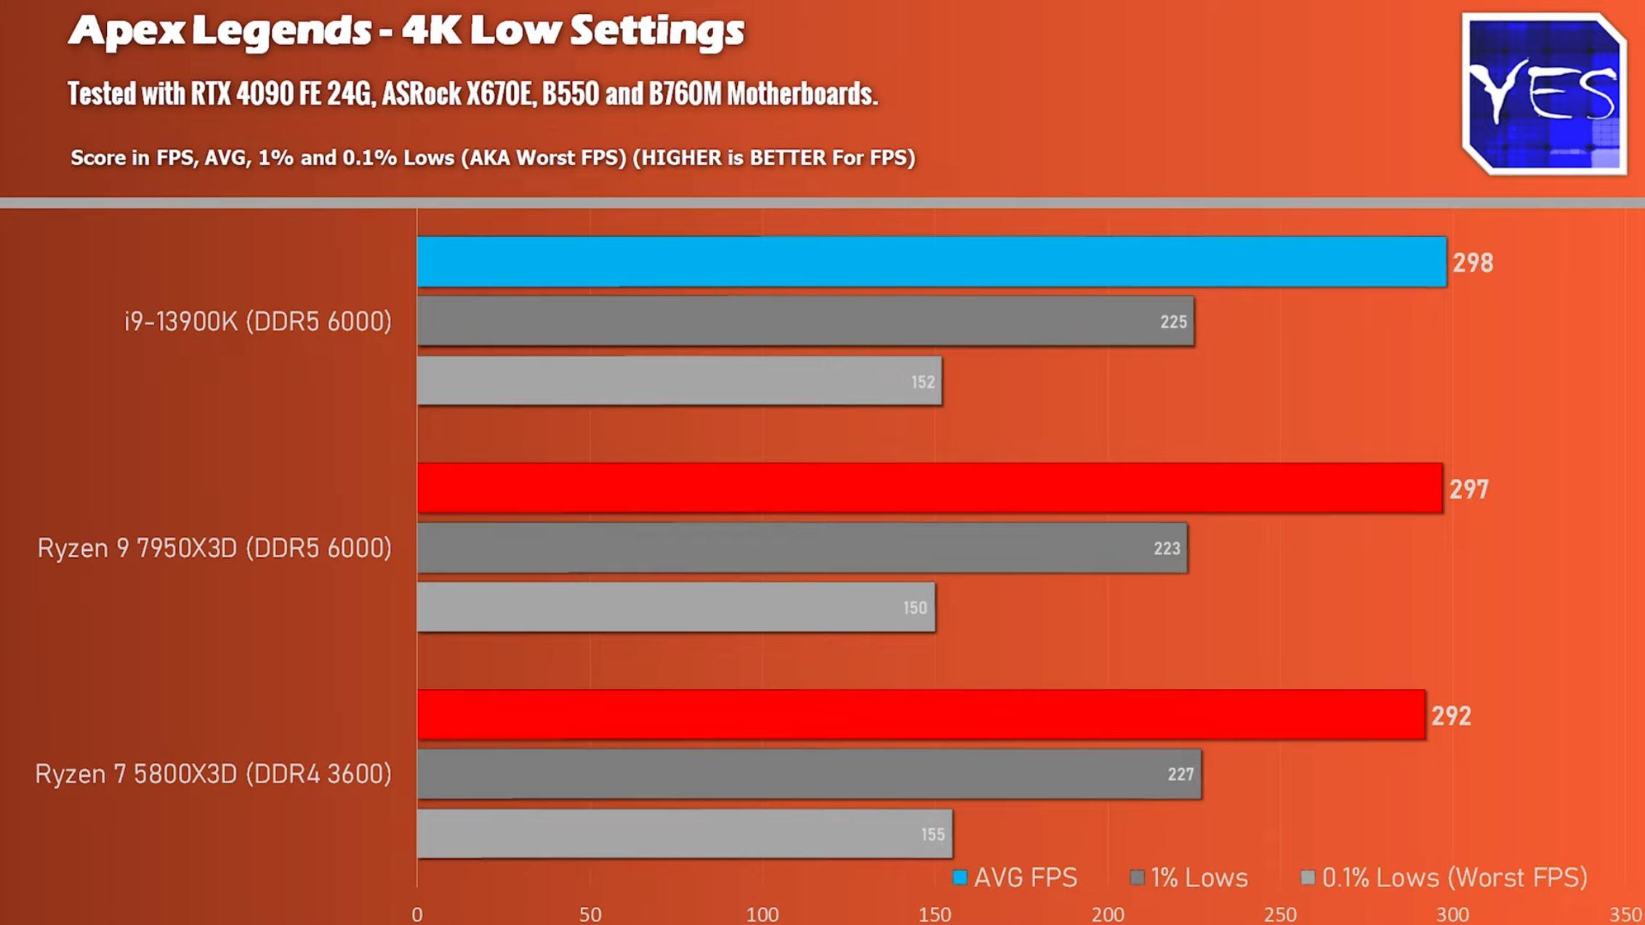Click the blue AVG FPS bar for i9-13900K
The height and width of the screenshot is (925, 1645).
point(930,262)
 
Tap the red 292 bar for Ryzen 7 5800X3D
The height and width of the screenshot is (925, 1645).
point(920,715)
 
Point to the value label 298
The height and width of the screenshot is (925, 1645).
point(1473,263)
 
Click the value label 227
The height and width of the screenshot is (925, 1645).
point(1181,775)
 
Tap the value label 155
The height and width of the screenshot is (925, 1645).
point(933,835)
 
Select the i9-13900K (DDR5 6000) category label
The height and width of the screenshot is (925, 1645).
point(258,321)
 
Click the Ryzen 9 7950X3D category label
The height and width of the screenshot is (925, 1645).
point(214,548)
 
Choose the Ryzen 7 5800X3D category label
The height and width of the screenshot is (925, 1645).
point(213,774)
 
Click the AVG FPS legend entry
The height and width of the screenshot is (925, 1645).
point(1015,878)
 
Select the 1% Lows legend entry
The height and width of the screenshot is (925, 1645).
point(1190,878)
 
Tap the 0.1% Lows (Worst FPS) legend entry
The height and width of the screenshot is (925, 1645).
point(1444,878)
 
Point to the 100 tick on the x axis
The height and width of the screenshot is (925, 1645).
point(762,914)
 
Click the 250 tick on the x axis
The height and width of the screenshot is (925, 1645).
point(1280,914)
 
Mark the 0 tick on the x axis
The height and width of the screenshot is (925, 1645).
point(417,914)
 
